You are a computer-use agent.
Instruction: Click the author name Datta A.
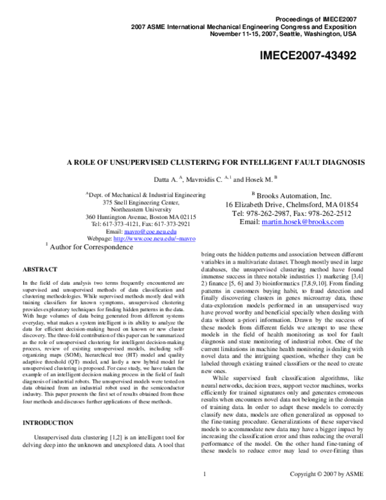click(165, 178)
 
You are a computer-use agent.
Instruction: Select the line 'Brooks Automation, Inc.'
click(291, 195)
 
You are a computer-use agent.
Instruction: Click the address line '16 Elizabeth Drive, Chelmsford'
click(291, 204)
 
